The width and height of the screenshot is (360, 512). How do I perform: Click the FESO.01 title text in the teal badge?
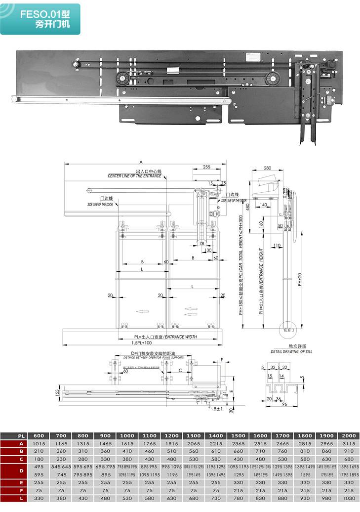point(42,15)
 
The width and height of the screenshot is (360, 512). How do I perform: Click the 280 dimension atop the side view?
point(268,169)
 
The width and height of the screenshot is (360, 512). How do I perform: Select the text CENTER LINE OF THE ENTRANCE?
point(134,176)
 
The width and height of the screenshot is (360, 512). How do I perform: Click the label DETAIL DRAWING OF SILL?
point(291,351)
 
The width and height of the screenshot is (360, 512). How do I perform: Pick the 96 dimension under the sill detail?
point(284,404)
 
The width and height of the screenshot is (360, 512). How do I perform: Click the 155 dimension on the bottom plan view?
point(57,392)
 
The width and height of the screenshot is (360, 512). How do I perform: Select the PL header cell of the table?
point(15,436)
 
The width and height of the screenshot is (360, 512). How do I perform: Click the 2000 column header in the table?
point(348,436)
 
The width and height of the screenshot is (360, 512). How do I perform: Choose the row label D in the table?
point(15,470)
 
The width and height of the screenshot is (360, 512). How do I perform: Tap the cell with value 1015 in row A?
point(39,444)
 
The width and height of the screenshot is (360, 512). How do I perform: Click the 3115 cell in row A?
point(348,444)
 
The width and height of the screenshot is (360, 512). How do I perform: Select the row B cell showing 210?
point(39,451)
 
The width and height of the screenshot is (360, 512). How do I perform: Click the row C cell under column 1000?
point(127,459)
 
